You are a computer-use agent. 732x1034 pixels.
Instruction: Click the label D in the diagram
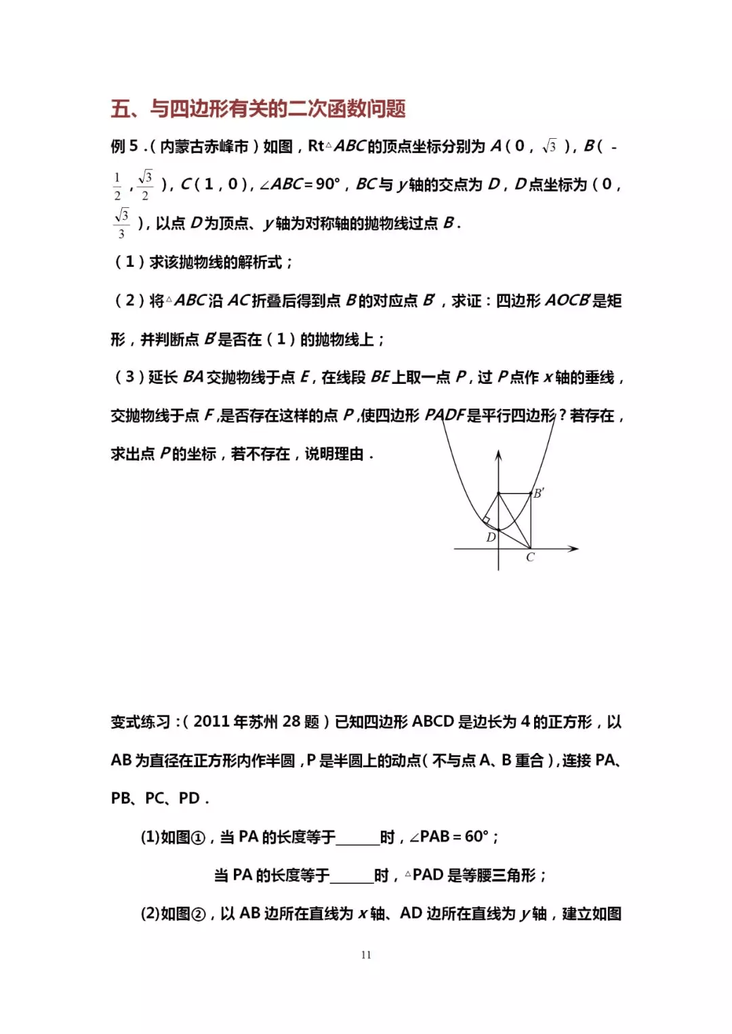[491, 537]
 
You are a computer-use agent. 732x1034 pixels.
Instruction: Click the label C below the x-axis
[530, 557]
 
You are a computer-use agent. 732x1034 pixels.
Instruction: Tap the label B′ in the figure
[539, 493]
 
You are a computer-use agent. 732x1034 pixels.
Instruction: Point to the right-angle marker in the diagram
[486, 520]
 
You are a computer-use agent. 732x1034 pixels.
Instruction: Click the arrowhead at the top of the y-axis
[499, 455]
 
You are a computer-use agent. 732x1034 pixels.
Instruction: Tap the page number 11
[366, 955]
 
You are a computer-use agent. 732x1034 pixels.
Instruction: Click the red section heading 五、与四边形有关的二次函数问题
[258, 108]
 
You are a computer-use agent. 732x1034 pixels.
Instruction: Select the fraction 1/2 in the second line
[117, 186]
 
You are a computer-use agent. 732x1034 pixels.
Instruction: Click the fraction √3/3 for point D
[121, 223]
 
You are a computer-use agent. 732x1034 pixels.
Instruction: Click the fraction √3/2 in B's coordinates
[145, 185]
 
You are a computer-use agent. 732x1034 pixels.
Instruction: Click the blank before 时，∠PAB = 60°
[357, 838]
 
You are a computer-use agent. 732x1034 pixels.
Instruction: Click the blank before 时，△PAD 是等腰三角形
[351, 876]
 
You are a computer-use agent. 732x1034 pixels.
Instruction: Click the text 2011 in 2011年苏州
[211, 722]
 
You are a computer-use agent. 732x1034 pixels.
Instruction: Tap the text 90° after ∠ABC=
[327, 184]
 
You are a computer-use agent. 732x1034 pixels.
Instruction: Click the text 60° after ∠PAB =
[476, 837]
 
